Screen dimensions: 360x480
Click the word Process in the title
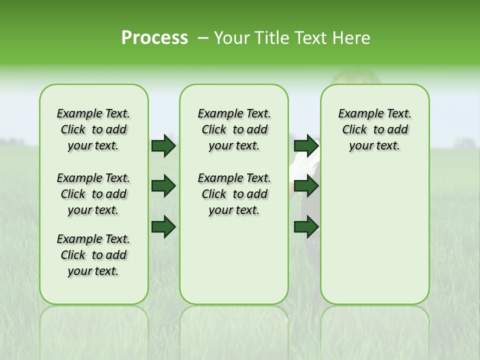[x=154, y=38]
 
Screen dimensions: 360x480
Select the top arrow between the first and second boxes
[x=163, y=145]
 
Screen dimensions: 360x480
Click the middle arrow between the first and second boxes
[x=163, y=186]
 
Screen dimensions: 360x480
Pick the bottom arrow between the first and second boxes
[x=163, y=227]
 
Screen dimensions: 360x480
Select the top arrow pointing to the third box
[x=306, y=145]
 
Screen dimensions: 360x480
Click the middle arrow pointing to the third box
[x=306, y=186]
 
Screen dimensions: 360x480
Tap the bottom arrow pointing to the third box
[x=306, y=227]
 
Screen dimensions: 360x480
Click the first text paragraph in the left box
[x=93, y=129]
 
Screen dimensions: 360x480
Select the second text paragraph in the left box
[x=93, y=194]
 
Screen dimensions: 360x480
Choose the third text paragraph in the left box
[x=93, y=255]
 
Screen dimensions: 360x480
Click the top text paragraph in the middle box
[x=234, y=129]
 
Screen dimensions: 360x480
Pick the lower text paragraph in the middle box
[x=234, y=194]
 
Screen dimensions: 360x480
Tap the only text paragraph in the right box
[x=374, y=129]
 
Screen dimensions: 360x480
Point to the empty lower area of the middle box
[x=234, y=260]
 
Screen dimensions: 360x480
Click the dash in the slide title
[x=203, y=38]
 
